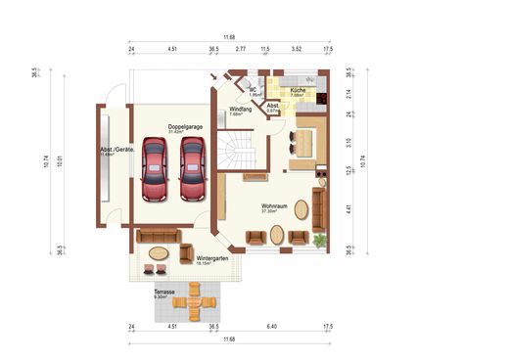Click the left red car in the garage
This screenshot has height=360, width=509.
(x=154, y=168)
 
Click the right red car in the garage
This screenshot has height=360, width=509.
(x=192, y=168)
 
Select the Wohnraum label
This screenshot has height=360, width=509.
(x=274, y=206)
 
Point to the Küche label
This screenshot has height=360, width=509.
(x=298, y=90)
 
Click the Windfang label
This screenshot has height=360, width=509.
(x=241, y=109)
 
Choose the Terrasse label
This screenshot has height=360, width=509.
(x=163, y=292)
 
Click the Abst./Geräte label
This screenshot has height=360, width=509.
(x=116, y=150)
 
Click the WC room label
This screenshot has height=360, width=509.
(x=253, y=90)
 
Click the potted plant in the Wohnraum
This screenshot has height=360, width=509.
(x=319, y=240)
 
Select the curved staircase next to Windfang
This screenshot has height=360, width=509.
(x=237, y=152)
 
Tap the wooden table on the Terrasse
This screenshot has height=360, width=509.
(x=195, y=302)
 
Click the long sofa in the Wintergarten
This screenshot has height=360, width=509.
(x=157, y=235)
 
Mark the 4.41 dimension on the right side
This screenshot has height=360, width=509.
(x=348, y=206)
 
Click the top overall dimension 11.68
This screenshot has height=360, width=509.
(x=229, y=36)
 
